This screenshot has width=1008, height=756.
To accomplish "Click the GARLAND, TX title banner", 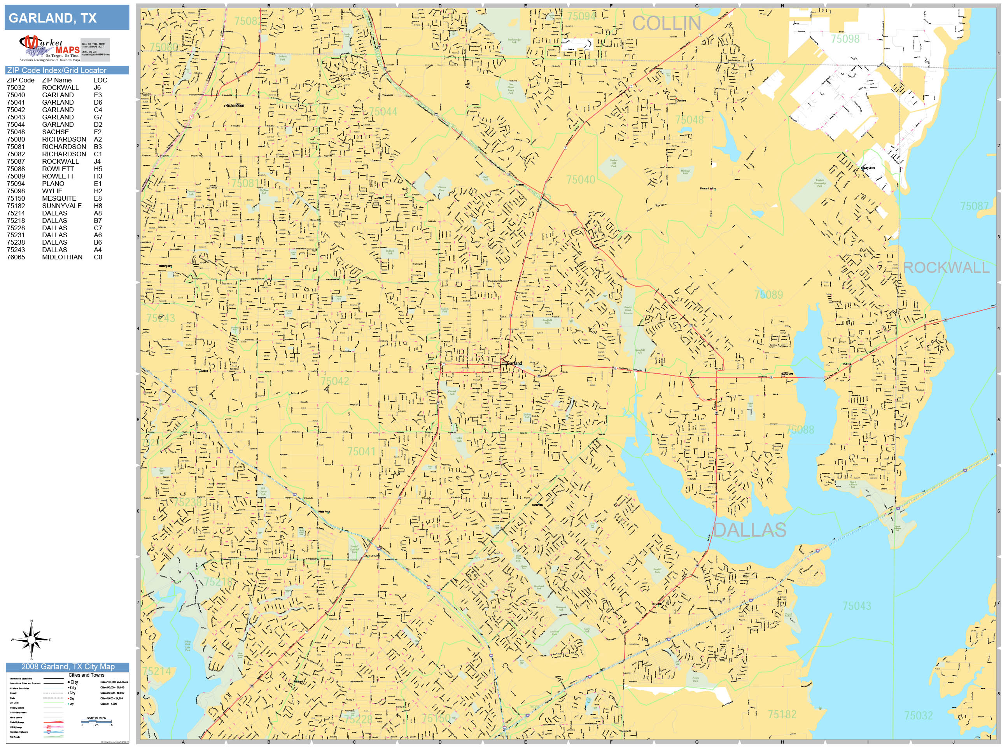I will (x=67, y=18).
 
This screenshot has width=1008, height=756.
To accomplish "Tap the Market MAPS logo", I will (x=49, y=48).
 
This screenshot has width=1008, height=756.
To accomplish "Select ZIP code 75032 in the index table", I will (x=16, y=87).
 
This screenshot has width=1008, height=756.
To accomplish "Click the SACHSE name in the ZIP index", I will (x=56, y=132).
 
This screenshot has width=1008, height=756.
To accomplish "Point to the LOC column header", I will (x=100, y=80).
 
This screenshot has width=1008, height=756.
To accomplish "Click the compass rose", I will (x=31, y=640).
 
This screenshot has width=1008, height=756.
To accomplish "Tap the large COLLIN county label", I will (x=666, y=24).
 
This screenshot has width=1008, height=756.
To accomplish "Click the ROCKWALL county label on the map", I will (x=946, y=268).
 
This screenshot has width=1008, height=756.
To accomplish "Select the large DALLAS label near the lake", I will (x=750, y=530).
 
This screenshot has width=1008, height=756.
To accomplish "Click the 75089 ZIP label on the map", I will (x=768, y=295).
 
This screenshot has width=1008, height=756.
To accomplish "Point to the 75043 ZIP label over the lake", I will (x=857, y=605).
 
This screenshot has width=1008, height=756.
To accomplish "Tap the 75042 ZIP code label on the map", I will (x=334, y=381).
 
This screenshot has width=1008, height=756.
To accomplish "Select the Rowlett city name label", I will (x=787, y=374).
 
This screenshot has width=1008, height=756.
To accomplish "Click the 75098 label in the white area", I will (x=845, y=39).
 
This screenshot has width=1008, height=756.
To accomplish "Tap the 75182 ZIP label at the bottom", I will (x=782, y=714).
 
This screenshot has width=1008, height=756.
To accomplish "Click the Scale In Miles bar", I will (x=96, y=721).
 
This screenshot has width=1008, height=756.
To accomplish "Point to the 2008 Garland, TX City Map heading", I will (x=67, y=667).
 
